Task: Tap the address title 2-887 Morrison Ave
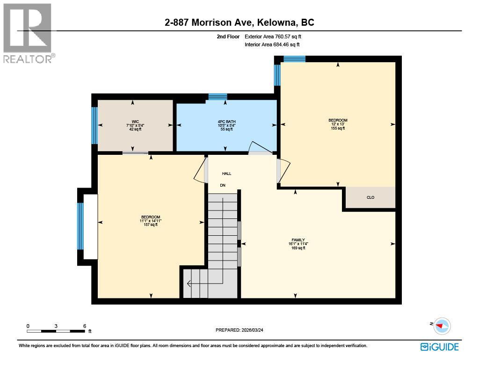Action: (239, 22)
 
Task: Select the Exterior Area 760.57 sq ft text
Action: (276, 36)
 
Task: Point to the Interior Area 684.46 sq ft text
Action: (272, 45)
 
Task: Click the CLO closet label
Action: (370, 197)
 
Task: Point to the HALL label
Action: (226, 174)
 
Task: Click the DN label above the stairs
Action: (223, 185)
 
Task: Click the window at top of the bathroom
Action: (218, 97)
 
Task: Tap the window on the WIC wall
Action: (94, 125)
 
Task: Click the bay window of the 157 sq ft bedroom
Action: (80, 226)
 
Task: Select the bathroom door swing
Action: (259, 147)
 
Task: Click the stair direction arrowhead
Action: (189, 283)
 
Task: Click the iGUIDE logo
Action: (439, 347)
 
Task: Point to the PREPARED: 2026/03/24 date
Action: (242, 330)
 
